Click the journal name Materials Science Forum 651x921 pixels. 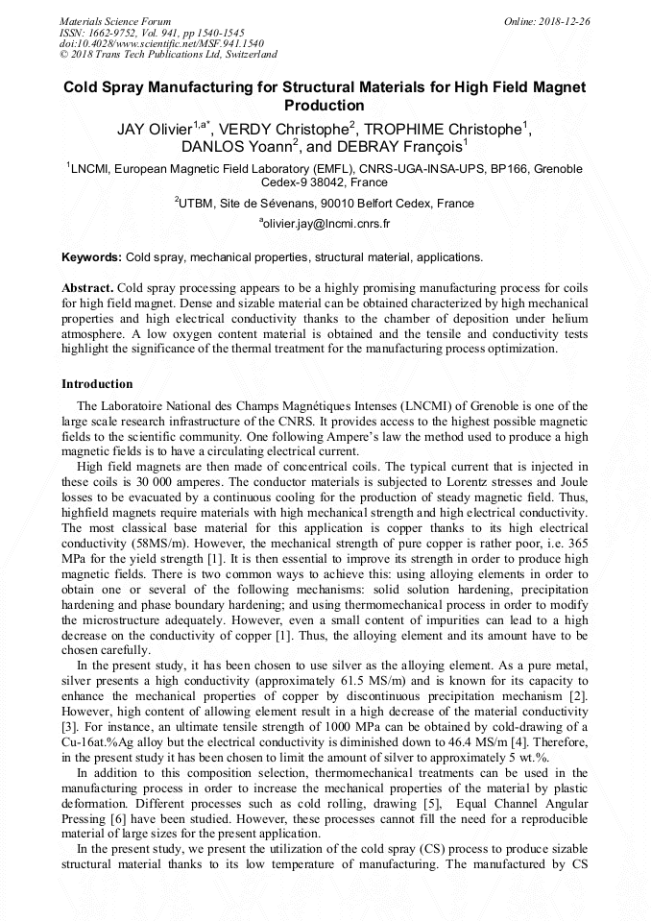click(x=115, y=20)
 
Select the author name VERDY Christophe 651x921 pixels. click(x=287, y=128)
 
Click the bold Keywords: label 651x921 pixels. click(x=91, y=257)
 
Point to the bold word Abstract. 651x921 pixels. click(x=87, y=288)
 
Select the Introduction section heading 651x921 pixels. click(x=97, y=384)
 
